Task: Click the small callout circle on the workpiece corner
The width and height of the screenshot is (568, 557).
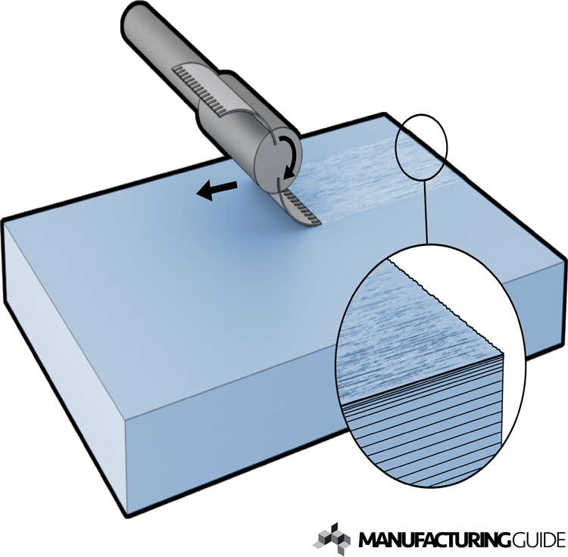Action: [421, 148]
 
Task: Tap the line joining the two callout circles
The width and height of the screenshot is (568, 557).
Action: [427, 212]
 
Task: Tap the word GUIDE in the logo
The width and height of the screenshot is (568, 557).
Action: [535, 540]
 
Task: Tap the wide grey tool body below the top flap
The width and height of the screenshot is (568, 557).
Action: [242, 129]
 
